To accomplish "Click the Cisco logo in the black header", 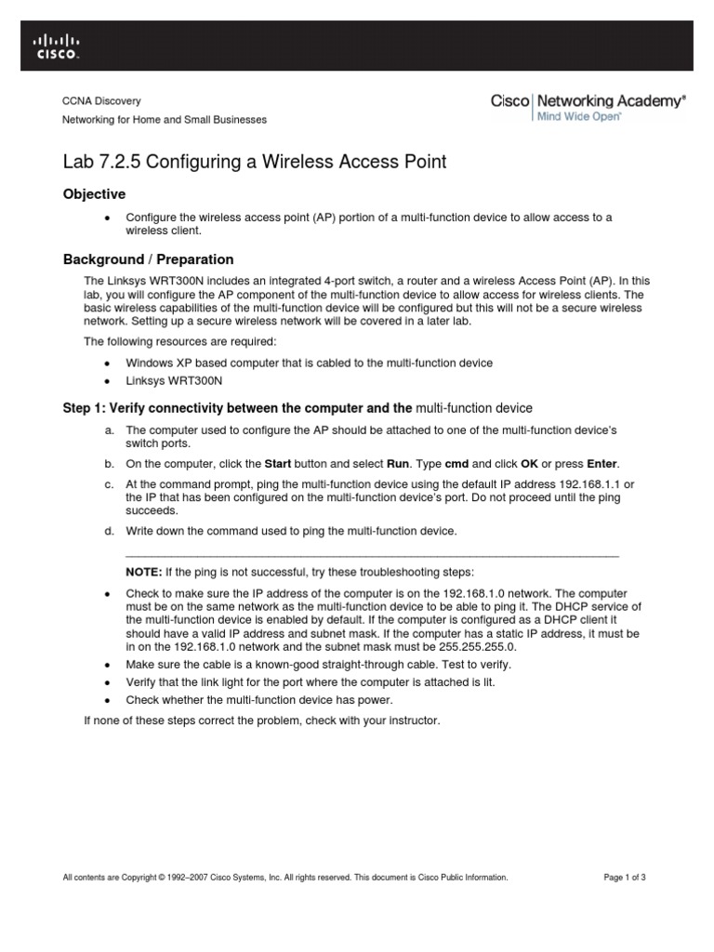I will point(57,46).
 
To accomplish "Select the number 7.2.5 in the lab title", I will point(118,162).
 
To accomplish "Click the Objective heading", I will point(93,193).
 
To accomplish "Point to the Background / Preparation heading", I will point(148,259).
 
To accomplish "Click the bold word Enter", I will point(602,463).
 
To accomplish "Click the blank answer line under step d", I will point(372,553).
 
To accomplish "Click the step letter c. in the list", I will point(109,485).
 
